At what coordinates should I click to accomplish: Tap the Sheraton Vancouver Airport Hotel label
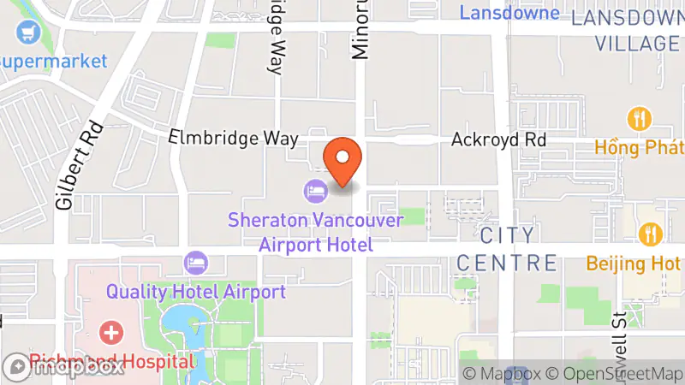tap(315, 232)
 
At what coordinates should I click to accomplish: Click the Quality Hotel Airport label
tap(195, 292)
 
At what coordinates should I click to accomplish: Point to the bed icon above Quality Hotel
tap(196, 259)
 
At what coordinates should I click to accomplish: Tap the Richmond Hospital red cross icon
tap(110, 331)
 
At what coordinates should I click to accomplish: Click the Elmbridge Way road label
tap(233, 138)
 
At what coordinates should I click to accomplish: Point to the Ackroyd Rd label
tap(499, 139)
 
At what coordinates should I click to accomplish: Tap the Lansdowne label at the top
tap(509, 13)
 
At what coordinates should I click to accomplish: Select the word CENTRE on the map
tap(507, 262)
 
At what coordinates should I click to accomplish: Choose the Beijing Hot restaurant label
tap(634, 264)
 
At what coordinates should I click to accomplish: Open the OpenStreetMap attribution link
tap(614, 374)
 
